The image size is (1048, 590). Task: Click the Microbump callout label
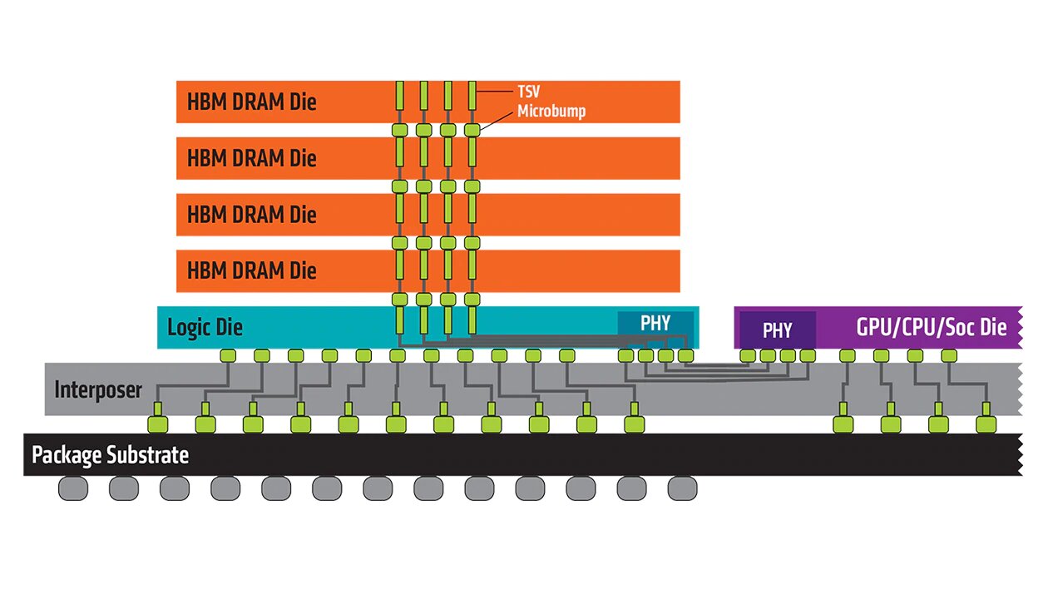click(551, 112)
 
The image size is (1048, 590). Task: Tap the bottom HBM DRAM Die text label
click(252, 270)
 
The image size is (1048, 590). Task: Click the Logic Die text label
click(205, 327)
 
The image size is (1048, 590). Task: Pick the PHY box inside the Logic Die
click(655, 323)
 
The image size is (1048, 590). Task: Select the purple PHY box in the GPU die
click(778, 330)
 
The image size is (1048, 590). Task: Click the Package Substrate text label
click(110, 455)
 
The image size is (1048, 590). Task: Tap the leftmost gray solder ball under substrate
click(73, 488)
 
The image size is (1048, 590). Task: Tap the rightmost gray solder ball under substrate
click(681, 488)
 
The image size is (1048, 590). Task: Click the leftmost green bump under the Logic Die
click(228, 356)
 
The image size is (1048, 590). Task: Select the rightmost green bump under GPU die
click(949, 356)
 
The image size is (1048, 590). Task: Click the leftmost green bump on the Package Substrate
click(158, 424)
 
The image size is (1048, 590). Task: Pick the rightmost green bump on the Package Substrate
click(986, 424)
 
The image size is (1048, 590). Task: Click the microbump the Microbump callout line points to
click(472, 130)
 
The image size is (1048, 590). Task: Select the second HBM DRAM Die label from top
click(252, 157)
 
